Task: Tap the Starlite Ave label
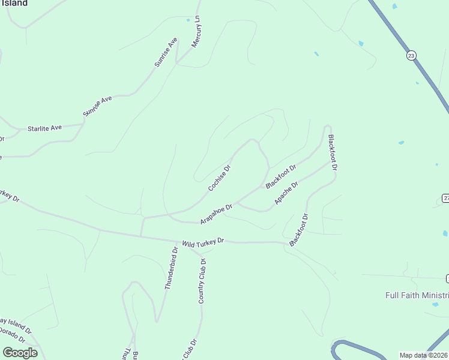45,128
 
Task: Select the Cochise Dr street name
220,179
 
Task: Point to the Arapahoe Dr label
216,214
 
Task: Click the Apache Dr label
286,192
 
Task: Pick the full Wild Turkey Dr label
203,241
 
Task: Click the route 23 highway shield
411,55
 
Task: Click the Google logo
20,352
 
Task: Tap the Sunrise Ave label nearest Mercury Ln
166,52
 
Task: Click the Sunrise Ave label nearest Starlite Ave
98,106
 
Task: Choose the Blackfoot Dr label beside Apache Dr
281,177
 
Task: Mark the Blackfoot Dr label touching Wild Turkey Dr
299,230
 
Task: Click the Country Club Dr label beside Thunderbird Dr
202,281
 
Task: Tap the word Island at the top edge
14,3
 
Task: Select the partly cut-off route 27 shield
446,199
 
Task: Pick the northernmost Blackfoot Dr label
333,152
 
